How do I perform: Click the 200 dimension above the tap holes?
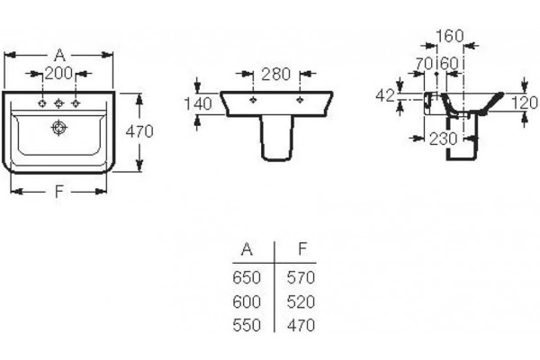click(58, 73)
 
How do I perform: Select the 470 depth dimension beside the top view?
click(139, 131)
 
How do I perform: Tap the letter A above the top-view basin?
click(59, 55)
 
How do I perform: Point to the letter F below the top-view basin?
click(59, 191)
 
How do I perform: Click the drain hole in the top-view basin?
click(58, 128)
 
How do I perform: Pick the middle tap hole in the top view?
click(58, 103)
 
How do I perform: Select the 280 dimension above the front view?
click(276, 74)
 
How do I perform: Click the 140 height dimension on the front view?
click(198, 104)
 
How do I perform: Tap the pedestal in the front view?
click(277, 138)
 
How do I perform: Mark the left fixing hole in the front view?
click(254, 100)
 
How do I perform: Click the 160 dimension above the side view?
click(450, 36)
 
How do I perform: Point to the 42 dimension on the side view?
click(384, 95)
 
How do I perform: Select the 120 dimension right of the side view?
click(524, 103)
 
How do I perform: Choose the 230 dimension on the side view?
click(443, 139)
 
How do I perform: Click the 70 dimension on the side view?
click(424, 63)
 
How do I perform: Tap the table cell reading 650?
click(247, 278)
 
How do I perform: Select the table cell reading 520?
click(301, 301)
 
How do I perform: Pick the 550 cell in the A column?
click(247, 325)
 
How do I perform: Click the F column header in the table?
click(302, 248)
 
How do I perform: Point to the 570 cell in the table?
click(301, 278)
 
